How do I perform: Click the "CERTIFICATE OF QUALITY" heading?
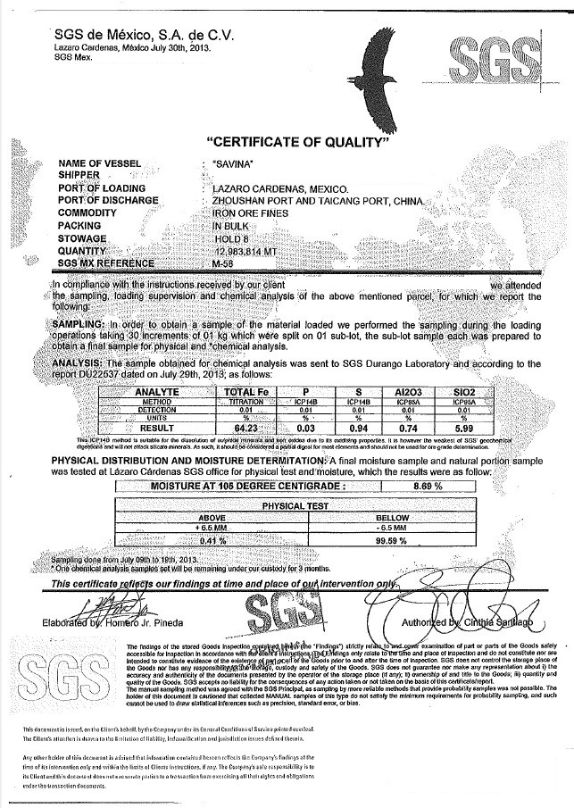click(x=299, y=143)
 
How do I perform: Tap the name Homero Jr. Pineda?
click(x=149, y=622)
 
